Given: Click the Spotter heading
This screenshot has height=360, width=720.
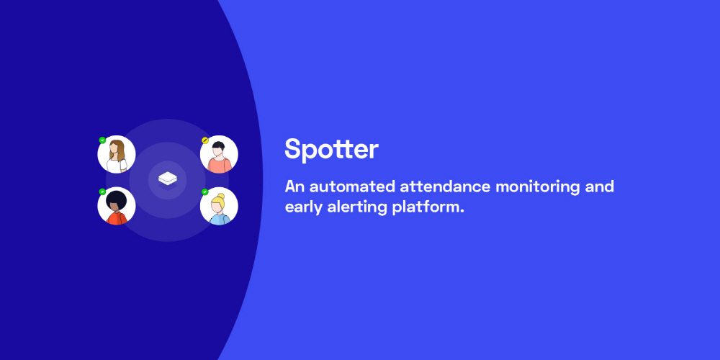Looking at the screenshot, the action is click(331, 149).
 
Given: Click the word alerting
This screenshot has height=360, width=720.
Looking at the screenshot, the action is click(357, 207).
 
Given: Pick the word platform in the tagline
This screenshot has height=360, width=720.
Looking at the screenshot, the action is click(428, 207).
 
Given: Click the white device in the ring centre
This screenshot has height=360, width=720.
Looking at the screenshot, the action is click(168, 179).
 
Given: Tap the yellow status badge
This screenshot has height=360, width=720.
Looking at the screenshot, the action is click(205, 140).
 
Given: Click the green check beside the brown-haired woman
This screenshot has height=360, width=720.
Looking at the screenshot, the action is click(102, 140).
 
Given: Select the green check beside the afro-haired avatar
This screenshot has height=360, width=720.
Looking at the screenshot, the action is click(102, 192).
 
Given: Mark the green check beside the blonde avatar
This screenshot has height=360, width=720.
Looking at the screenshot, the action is click(205, 192).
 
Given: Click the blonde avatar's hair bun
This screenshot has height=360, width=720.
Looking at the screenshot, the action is click(222, 196).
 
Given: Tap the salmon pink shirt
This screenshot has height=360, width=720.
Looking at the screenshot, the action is click(220, 166).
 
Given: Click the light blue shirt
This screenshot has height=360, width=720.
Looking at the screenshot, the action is click(220, 219).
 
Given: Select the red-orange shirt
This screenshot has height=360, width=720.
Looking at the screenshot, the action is click(117, 218).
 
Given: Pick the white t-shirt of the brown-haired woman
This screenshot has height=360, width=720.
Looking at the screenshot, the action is click(117, 166).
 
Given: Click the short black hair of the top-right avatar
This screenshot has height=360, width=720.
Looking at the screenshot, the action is click(219, 145).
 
